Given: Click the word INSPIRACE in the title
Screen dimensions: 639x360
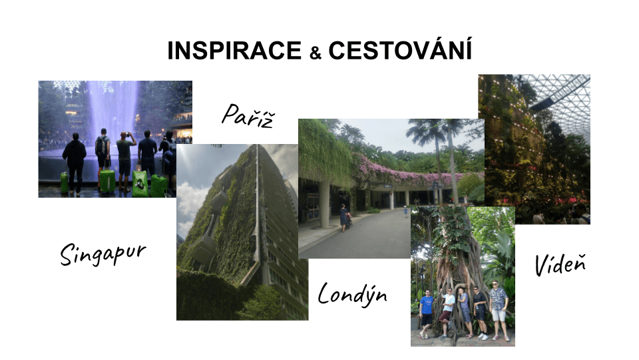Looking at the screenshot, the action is (x=234, y=50).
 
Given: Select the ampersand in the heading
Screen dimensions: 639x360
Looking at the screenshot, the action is (x=315, y=53).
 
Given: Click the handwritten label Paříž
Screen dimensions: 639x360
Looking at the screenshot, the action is (x=248, y=115).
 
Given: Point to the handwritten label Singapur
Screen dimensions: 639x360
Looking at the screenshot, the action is (x=103, y=254).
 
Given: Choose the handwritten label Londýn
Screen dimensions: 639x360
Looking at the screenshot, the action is (x=352, y=294).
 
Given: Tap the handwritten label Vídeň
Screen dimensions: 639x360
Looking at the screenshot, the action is (x=560, y=264).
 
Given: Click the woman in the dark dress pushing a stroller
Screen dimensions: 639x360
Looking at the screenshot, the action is (x=343, y=216).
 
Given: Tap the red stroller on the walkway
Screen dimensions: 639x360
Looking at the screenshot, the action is (x=349, y=221).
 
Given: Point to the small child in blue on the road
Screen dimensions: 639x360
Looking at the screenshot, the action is (x=405, y=211).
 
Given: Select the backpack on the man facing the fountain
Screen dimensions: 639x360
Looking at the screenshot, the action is (x=101, y=146).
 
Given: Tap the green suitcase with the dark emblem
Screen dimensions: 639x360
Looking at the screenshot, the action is (x=140, y=183).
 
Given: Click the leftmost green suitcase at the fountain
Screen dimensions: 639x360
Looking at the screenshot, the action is (x=65, y=183).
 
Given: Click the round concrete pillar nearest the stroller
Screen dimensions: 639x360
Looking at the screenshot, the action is (x=325, y=204).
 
